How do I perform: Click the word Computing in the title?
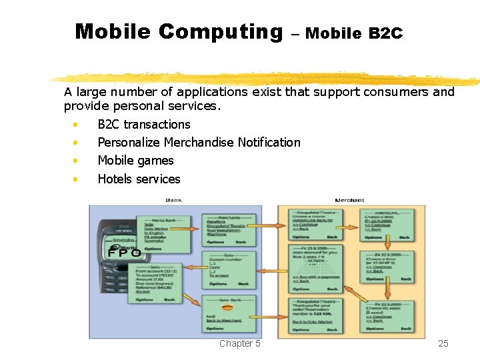(221, 32)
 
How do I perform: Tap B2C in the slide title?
(385, 33)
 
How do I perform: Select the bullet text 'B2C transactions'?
(143, 124)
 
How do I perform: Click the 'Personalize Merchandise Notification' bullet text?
(199, 142)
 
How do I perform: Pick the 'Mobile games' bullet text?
(135, 160)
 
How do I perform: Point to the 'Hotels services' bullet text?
(139, 179)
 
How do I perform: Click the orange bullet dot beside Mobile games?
(77, 161)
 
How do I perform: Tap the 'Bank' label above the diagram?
(173, 200)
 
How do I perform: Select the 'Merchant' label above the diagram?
(349, 200)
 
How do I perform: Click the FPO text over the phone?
(125, 253)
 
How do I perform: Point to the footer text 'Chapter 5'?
(239, 343)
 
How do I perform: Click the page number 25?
(443, 343)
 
